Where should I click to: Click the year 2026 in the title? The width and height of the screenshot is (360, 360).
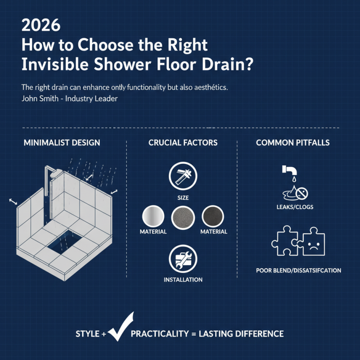[x=41, y=25]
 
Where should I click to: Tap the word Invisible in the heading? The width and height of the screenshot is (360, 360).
[x=51, y=64]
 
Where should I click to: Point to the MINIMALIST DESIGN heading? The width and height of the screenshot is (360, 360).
[x=62, y=143]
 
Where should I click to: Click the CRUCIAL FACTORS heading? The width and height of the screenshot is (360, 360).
[x=183, y=143]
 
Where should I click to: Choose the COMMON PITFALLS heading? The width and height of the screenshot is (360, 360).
[x=292, y=143]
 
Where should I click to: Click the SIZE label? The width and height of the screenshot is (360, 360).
[x=183, y=198]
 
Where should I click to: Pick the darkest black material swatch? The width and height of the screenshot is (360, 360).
[x=213, y=217]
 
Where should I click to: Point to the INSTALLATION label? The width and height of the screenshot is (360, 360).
[x=183, y=279]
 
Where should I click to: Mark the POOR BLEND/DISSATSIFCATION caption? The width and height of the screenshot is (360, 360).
[x=298, y=270]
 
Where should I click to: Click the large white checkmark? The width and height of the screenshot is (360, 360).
[x=120, y=327]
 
